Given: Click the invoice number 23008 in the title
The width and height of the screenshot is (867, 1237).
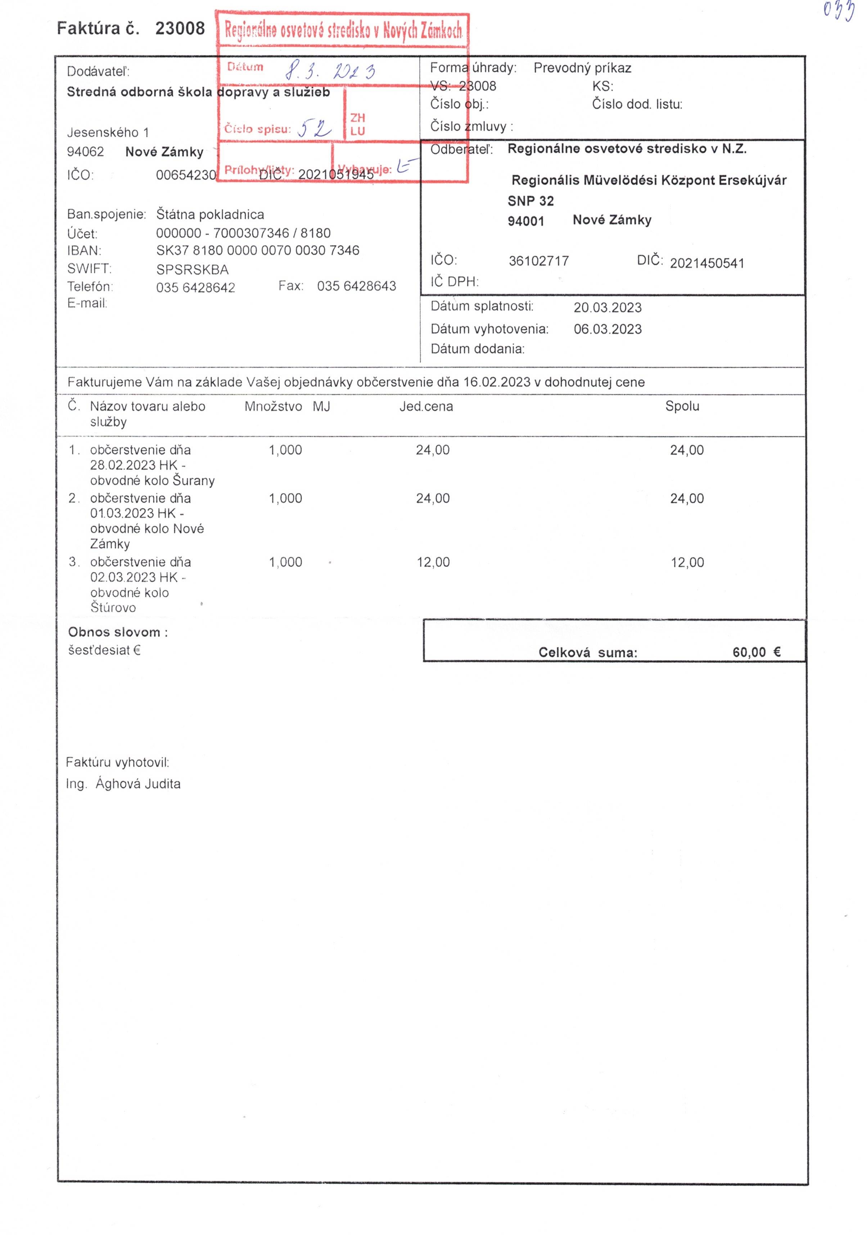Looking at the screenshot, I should pyautogui.click(x=180, y=28).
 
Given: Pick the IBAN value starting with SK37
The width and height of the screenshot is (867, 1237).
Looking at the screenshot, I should pyautogui.click(x=258, y=250).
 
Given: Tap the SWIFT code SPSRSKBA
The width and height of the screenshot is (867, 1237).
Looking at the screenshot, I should pyautogui.click(x=193, y=269).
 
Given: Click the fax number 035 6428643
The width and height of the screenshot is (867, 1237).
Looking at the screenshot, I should pyautogui.click(x=356, y=286).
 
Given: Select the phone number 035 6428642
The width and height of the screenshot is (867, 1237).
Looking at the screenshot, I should pyautogui.click(x=195, y=288).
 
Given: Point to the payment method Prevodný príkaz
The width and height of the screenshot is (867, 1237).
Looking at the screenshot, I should pyautogui.click(x=582, y=68).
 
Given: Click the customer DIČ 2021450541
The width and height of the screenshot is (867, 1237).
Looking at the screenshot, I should pyautogui.click(x=706, y=263).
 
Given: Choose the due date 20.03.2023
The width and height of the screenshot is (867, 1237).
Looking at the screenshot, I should pyautogui.click(x=607, y=308).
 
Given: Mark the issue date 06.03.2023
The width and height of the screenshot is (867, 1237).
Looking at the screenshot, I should pyautogui.click(x=607, y=329).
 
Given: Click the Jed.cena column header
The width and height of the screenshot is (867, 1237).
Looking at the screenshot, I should pyautogui.click(x=426, y=406).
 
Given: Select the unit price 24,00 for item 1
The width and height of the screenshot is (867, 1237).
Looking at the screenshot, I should pyautogui.click(x=432, y=450).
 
